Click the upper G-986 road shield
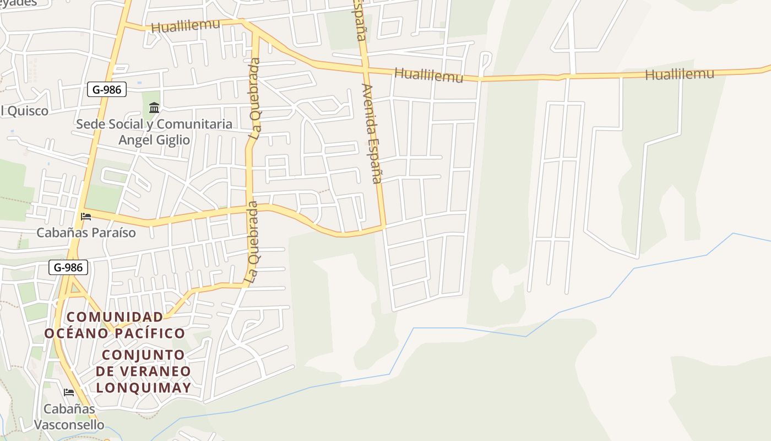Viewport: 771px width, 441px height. pos(107,89)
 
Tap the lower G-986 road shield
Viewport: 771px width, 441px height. pos(68,267)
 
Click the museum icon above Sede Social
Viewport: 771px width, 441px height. pos(154,107)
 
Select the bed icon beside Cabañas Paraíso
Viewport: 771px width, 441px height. pos(86,216)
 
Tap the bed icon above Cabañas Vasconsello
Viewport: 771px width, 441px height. pos(69,392)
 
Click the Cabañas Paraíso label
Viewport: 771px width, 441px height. pos(86,233)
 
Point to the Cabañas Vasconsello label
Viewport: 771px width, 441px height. pos(69,417)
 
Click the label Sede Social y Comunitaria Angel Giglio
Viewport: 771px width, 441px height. pos(154,132)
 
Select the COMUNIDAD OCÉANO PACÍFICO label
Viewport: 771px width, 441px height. pos(115,325)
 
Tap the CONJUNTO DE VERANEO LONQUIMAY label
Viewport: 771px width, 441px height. pos(143,371)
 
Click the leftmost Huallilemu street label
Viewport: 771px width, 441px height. pos(185,25)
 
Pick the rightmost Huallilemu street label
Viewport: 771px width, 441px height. pos(679,74)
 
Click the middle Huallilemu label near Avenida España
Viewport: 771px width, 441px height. pos(429,76)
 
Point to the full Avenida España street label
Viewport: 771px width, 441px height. pos(372,133)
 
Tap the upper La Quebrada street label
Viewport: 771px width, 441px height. pos(254,98)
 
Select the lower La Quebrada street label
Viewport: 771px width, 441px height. pos(252,243)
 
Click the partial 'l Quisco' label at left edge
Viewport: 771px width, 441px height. pos(24,111)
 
